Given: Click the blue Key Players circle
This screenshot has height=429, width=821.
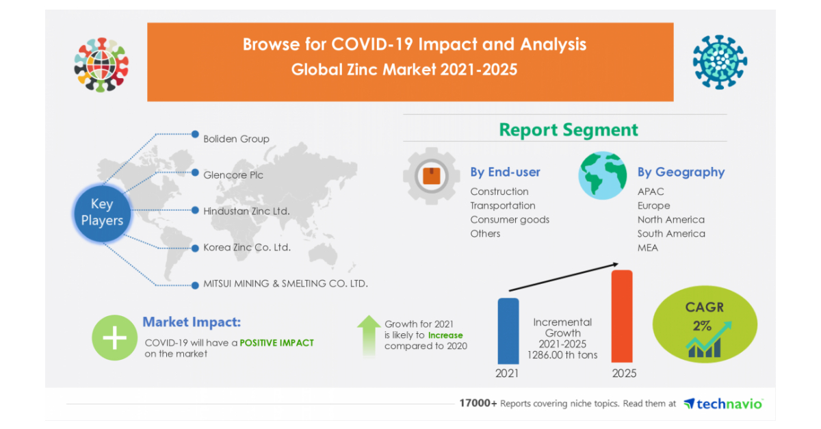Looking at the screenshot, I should pyautogui.click(x=102, y=212).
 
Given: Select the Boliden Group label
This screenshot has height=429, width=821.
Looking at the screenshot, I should pyautogui.click(x=236, y=139).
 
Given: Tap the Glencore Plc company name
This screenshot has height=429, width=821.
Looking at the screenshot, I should pyautogui.click(x=233, y=175).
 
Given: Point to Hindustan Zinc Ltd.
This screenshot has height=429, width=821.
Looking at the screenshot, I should pyautogui.click(x=246, y=211).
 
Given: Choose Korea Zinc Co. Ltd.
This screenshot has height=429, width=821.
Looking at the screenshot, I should pyautogui.click(x=247, y=248).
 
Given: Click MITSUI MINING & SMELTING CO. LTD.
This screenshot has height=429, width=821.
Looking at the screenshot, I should pyautogui.click(x=285, y=283).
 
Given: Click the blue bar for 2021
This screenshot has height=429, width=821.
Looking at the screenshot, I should pyautogui.click(x=508, y=330).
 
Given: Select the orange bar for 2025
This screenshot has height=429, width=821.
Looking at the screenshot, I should pyautogui.click(x=621, y=316).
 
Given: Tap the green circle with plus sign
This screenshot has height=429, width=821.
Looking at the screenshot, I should pyautogui.click(x=114, y=338).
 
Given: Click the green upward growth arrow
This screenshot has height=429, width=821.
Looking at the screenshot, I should pyautogui.click(x=369, y=335).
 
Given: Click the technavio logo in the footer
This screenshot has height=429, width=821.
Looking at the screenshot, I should pyautogui.click(x=723, y=404).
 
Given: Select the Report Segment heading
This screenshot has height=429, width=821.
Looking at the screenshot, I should pyautogui.click(x=568, y=130).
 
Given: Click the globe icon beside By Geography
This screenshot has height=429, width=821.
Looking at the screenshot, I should pyautogui.click(x=602, y=176).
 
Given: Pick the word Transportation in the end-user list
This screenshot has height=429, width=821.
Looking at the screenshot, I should pyautogui.click(x=502, y=205).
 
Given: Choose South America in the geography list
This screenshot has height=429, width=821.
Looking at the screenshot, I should pyautogui.click(x=670, y=233).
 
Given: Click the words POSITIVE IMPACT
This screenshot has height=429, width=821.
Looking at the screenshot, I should pyautogui.click(x=276, y=342).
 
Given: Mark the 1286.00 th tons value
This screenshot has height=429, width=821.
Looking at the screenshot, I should pyautogui.click(x=562, y=355).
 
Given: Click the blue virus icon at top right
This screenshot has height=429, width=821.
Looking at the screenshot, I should pyautogui.click(x=719, y=62).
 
